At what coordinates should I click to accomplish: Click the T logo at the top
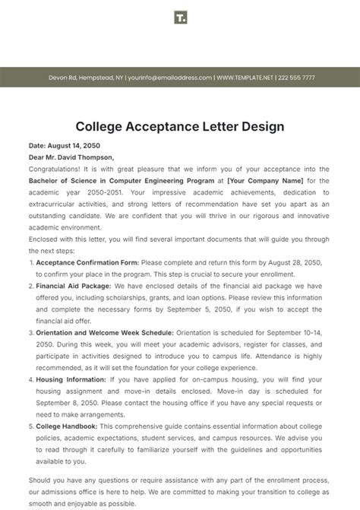pyautogui.click(x=180, y=17)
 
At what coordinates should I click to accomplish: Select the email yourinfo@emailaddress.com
pyautogui.click(x=169, y=77)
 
